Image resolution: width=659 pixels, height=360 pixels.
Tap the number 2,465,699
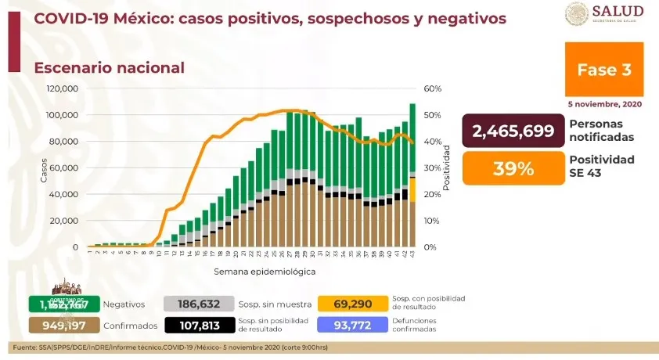tap(513, 131)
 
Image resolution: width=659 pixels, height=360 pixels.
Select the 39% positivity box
tap(513, 168)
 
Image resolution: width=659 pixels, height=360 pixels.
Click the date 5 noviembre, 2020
tap(604, 103)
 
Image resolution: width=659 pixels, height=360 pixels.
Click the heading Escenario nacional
tap(109, 68)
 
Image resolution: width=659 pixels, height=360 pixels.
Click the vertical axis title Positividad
tap(447, 167)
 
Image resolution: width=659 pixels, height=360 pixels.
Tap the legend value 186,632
tap(200, 304)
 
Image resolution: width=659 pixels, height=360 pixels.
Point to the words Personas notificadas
tap(601, 131)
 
